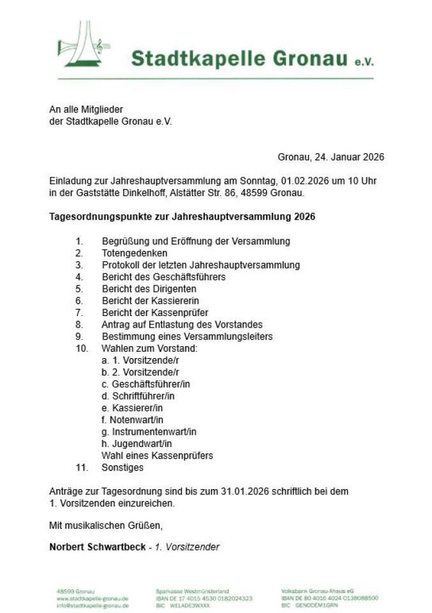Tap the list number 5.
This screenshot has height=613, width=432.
pyautogui.click(x=79, y=289)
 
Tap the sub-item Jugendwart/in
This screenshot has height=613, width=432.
pyautogui.click(x=137, y=444)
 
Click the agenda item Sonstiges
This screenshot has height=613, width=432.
pyautogui.click(x=123, y=467)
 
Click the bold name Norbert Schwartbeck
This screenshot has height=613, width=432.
pyautogui.click(x=98, y=547)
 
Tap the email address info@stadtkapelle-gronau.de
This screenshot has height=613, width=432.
pyautogui.click(x=93, y=605)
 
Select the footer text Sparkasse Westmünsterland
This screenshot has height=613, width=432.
pyautogui.click(x=192, y=591)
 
